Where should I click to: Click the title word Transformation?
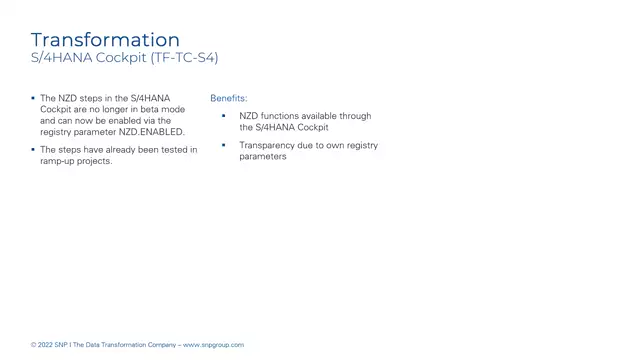point(105,40)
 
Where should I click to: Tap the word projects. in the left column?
point(97,161)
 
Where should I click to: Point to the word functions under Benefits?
point(279,116)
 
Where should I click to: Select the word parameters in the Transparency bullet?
point(263,157)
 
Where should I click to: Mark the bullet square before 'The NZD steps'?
point(33,98)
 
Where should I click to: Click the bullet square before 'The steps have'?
point(33,150)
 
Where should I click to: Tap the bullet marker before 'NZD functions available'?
point(224,116)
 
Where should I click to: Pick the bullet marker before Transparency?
point(224,145)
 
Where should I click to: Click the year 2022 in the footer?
point(46,345)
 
